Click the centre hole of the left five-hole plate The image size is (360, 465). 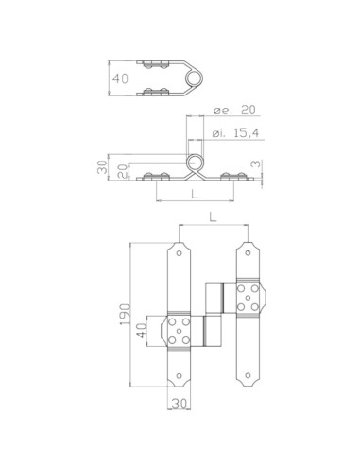tap(180, 332)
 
